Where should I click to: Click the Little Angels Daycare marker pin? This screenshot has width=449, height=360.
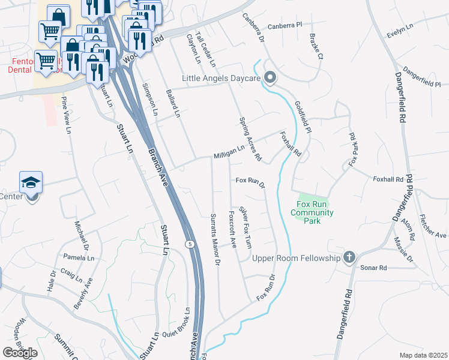(x=270, y=77)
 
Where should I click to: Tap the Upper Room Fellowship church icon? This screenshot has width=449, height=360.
(x=349, y=258)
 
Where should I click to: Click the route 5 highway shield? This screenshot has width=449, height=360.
(x=190, y=244)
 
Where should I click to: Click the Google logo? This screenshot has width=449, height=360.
(x=20, y=352)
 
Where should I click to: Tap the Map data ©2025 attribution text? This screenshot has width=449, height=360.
(x=423, y=355)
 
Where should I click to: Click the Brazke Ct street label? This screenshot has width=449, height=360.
(x=316, y=47)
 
